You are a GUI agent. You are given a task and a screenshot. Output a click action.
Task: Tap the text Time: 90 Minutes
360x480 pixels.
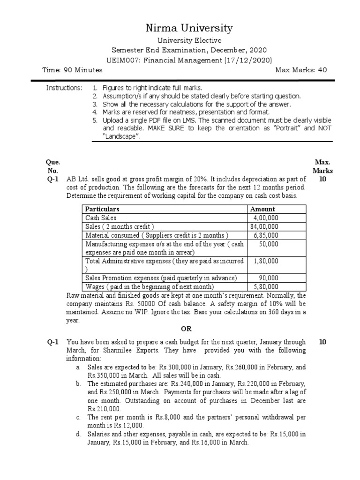72,70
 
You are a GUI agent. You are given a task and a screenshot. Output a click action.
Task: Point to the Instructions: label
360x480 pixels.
64,88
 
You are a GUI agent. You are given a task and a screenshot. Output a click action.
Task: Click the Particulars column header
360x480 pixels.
102,209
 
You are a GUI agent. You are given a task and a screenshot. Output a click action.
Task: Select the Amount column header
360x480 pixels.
262,209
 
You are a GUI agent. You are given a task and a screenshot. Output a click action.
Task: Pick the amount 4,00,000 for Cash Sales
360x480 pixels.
265,218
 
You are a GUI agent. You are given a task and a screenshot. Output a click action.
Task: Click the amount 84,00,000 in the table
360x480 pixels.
264,226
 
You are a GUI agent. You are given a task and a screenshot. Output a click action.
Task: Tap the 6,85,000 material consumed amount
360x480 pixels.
265,235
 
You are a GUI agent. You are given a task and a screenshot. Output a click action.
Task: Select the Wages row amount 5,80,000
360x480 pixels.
265,286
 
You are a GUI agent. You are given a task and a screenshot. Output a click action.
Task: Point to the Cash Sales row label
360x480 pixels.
100,218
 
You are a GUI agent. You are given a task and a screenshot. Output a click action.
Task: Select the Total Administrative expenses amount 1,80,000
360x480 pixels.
265,261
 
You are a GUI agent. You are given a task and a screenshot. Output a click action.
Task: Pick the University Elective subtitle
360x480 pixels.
189,41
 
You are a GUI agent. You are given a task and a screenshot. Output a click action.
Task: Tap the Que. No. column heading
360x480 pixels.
52,166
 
